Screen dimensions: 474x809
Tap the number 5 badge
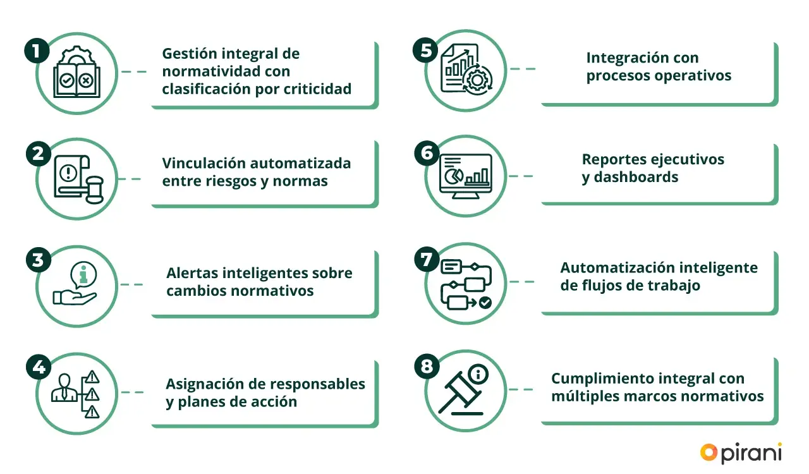425,50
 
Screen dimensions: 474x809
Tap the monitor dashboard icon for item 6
465,176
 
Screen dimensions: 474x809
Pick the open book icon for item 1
76,74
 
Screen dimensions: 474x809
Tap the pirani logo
741,453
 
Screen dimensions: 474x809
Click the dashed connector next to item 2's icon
131,179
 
